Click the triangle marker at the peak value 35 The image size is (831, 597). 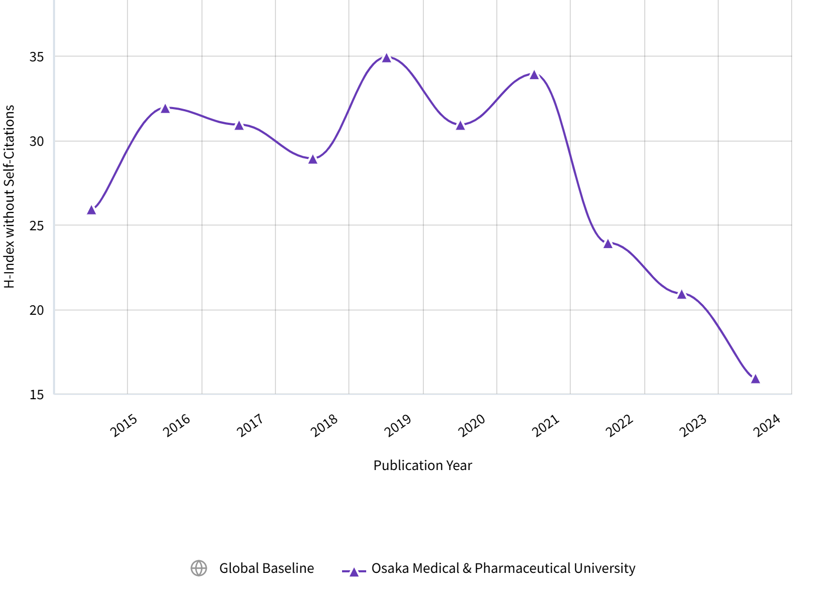(x=387, y=58)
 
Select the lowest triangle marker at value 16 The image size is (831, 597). (x=755, y=379)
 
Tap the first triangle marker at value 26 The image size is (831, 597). (x=91, y=210)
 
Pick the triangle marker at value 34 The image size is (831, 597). (x=534, y=74)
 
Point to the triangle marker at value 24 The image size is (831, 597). (x=608, y=243)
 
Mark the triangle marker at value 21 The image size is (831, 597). (x=681, y=294)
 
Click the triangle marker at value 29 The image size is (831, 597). (x=313, y=159)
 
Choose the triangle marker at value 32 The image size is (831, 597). (x=165, y=109)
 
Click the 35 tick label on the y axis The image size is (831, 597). (x=37, y=57)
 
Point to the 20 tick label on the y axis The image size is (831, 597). (x=37, y=310)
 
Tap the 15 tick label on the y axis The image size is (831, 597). (x=37, y=395)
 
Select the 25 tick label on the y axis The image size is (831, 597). (x=37, y=226)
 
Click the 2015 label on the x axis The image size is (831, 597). (x=124, y=425)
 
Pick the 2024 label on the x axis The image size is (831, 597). (x=767, y=425)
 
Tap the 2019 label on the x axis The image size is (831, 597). (x=398, y=425)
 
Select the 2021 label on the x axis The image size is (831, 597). (x=546, y=425)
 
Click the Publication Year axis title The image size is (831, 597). (x=422, y=465)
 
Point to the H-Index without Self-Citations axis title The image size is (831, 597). (x=9, y=196)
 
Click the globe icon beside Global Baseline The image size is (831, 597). (x=199, y=568)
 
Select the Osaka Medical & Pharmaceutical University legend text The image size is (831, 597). (x=503, y=568)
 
